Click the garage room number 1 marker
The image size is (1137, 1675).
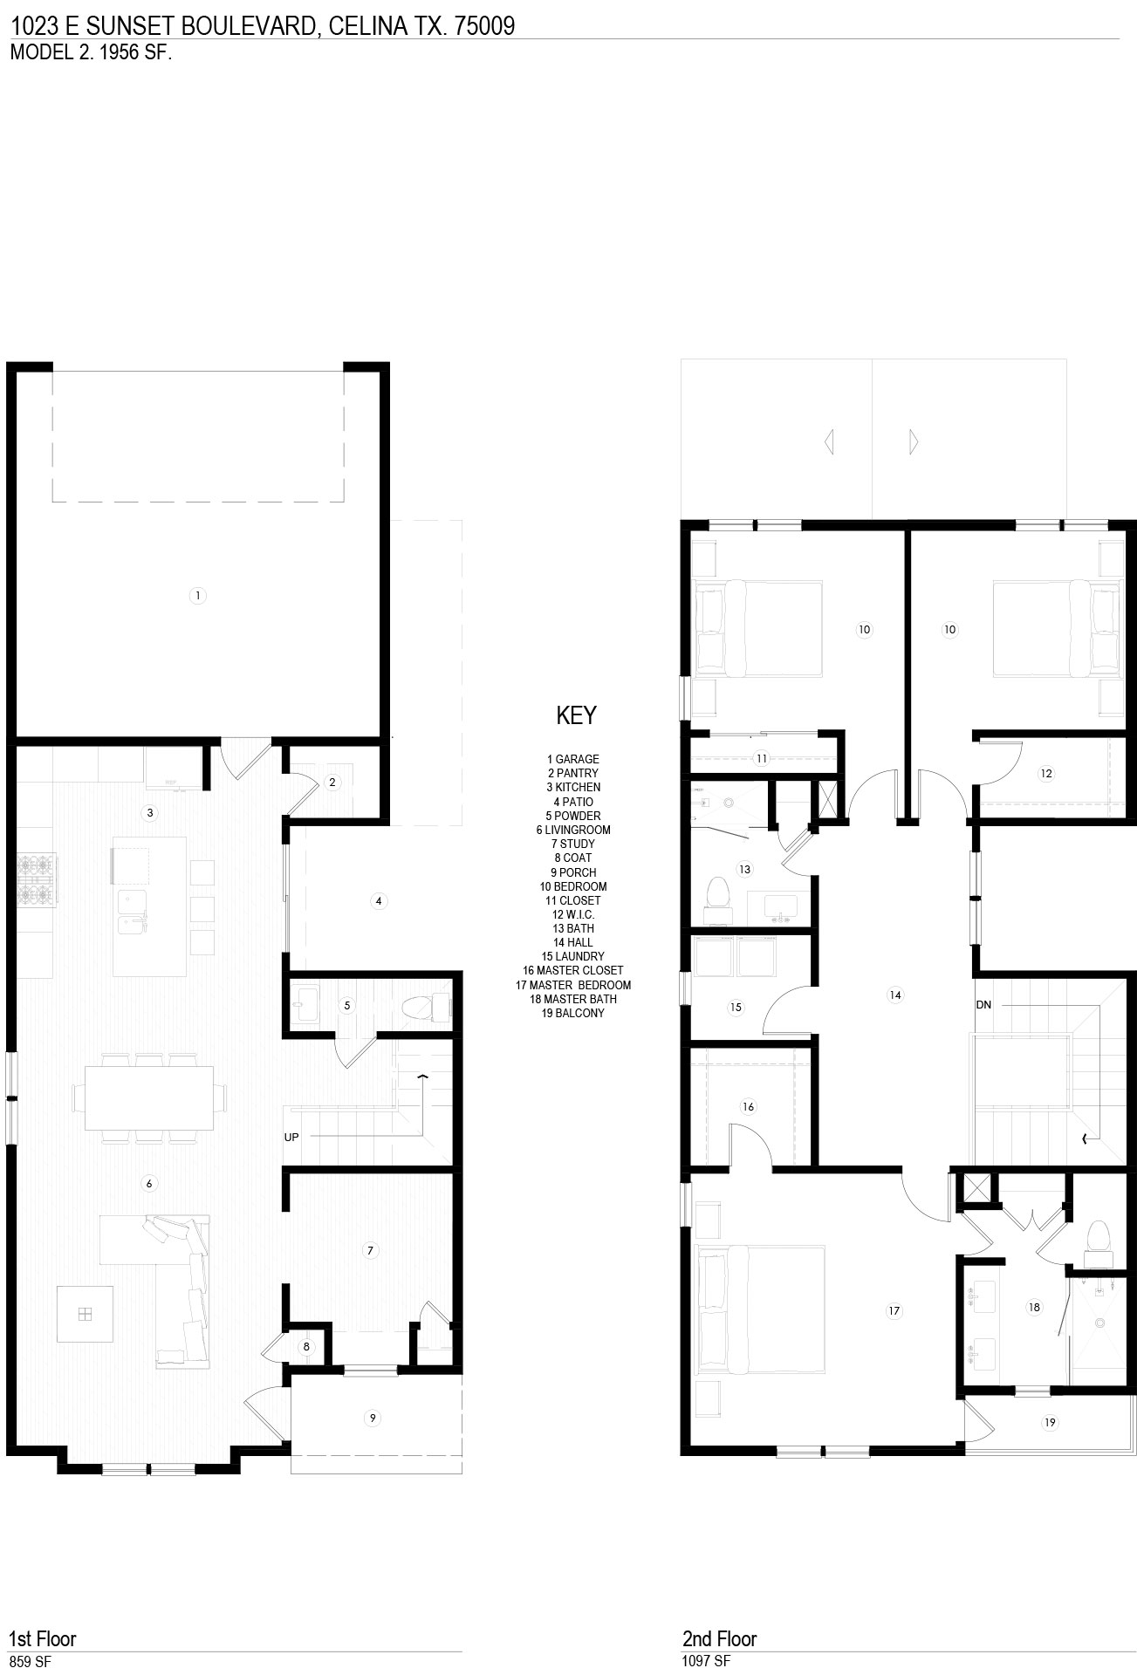click(x=198, y=596)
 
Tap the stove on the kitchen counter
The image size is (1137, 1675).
click(x=36, y=880)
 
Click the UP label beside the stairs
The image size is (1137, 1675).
click(x=291, y=1137)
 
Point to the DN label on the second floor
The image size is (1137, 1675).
click(x=983, y=1005)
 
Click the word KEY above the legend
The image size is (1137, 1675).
click(x=576, y=715)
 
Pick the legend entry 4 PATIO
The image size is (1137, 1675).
click(x=572, y=802)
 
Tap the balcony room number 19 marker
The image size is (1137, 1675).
click(x=1050, y=1423)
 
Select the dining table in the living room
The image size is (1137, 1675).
click(x=148, y=1098)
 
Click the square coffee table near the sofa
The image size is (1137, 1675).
click(x=85, y=1314)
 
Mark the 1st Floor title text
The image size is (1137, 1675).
click(x=43, y=1638)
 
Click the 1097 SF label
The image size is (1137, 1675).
click(x=706, y=1662)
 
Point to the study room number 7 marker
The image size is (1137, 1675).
click(x=370, y=1250)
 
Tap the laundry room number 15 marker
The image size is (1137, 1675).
click(x=736, y=1007)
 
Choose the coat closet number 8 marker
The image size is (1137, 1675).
click(x=306, y=1347)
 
